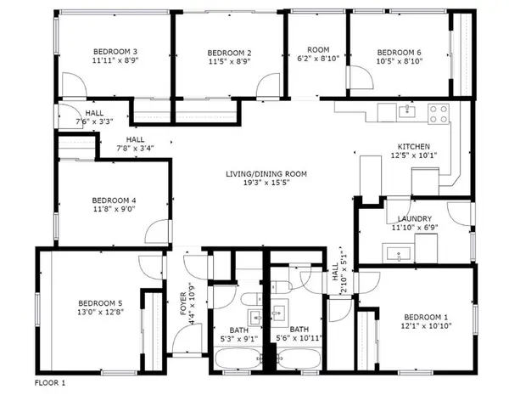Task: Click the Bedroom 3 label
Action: click(116, 52)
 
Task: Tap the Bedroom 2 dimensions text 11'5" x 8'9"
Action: click(228, 62)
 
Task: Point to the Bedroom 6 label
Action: click(399, 52)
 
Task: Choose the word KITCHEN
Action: click(415, 145)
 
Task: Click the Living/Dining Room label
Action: click(266, 173)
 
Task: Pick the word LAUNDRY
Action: click(412, 218)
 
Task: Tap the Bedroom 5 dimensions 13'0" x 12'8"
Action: click(101, 313)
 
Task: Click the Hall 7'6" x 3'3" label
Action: click(94, 113)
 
